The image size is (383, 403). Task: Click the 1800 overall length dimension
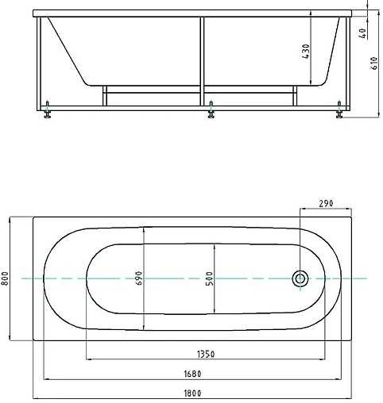pos(192,393)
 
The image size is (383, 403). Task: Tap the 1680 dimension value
pos(192,374)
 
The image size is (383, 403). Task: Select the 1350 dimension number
pos(206,354)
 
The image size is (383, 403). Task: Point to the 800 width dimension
pos(5,278)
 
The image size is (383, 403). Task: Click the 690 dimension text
pos(138,278)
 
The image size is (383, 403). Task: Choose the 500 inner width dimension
pos(209,278)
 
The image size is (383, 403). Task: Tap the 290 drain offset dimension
pos(326,203)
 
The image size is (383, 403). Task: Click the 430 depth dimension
pos(305,52)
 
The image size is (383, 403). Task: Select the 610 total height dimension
pos(374,63)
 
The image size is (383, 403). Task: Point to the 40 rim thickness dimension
pos(363,33)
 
